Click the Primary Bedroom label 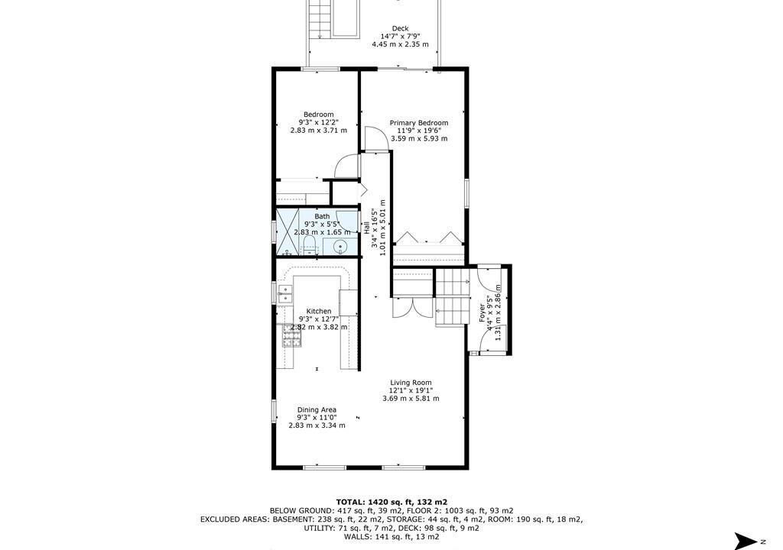419,123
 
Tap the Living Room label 411,383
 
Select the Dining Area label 317,409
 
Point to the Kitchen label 319,312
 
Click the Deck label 400,28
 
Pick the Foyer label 482,313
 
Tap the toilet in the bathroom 310,245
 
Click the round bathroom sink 340,247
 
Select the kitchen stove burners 292,335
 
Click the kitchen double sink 284,294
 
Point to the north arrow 746,541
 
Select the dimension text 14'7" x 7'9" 400,37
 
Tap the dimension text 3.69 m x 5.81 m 411,399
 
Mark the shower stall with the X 288,232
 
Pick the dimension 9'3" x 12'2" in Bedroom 319,122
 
